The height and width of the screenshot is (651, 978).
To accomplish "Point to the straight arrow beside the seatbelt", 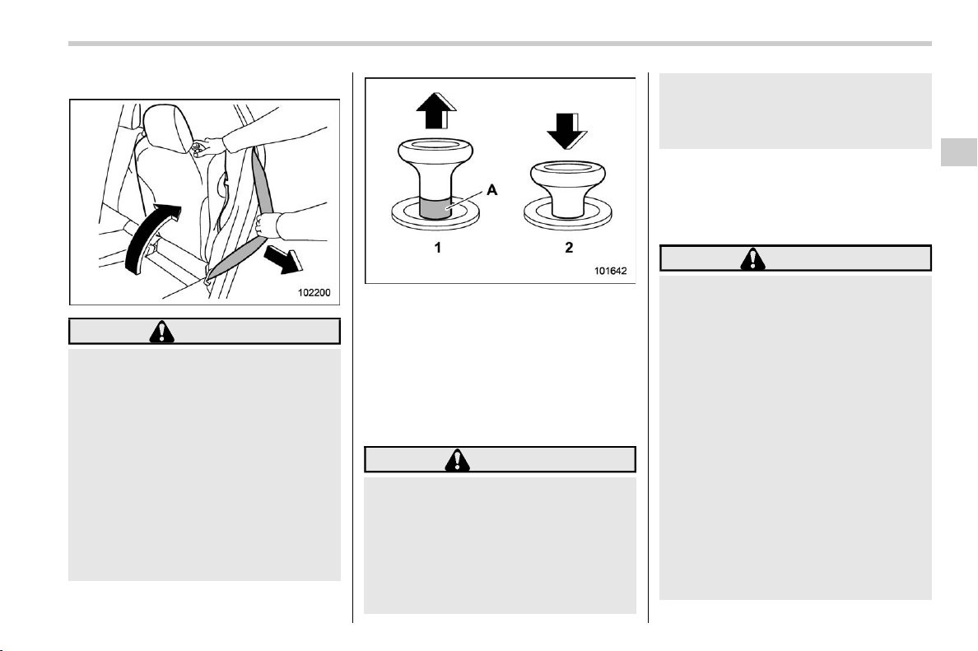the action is point(282,258).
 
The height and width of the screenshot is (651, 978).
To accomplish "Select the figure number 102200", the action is point(314,292).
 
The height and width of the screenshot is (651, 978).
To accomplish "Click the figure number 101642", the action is point(610,271).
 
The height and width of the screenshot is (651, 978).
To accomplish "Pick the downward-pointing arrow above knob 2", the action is point(567,130).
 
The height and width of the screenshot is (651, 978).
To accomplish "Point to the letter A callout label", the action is point(492,190).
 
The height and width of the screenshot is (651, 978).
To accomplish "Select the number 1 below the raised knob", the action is point(438,248).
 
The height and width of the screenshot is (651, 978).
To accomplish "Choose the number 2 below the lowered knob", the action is point(569,248).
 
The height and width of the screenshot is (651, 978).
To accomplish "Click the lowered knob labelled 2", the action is point(568,189).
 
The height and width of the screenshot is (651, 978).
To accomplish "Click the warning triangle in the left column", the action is point(162,332).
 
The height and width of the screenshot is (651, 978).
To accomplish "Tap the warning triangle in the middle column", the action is point(458,459).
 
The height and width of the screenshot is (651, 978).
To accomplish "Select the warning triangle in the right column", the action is point(753,258).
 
